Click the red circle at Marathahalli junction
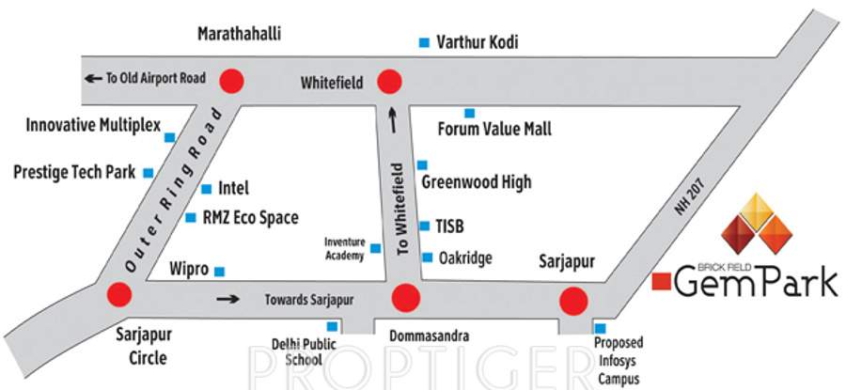tap(231, 80)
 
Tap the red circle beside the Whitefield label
tap(389, 82)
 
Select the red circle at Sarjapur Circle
tap(119, 296)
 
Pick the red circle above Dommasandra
tap(406, 298)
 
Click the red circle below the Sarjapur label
tap(573, 301)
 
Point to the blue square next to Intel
tap(207, 188)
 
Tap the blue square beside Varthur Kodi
tap(424, 42)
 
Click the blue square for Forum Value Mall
tap(470, 113)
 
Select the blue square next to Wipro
tap(220, 272)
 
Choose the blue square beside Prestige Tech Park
tap(148, 173)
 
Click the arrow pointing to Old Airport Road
tap(92, 78)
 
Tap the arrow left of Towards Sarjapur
tap(227, 300)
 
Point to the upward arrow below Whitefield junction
tap(393, 118)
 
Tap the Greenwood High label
tap(477, 182)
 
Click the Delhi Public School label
tap(297, 351)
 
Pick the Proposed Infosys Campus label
tap(619, 361)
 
